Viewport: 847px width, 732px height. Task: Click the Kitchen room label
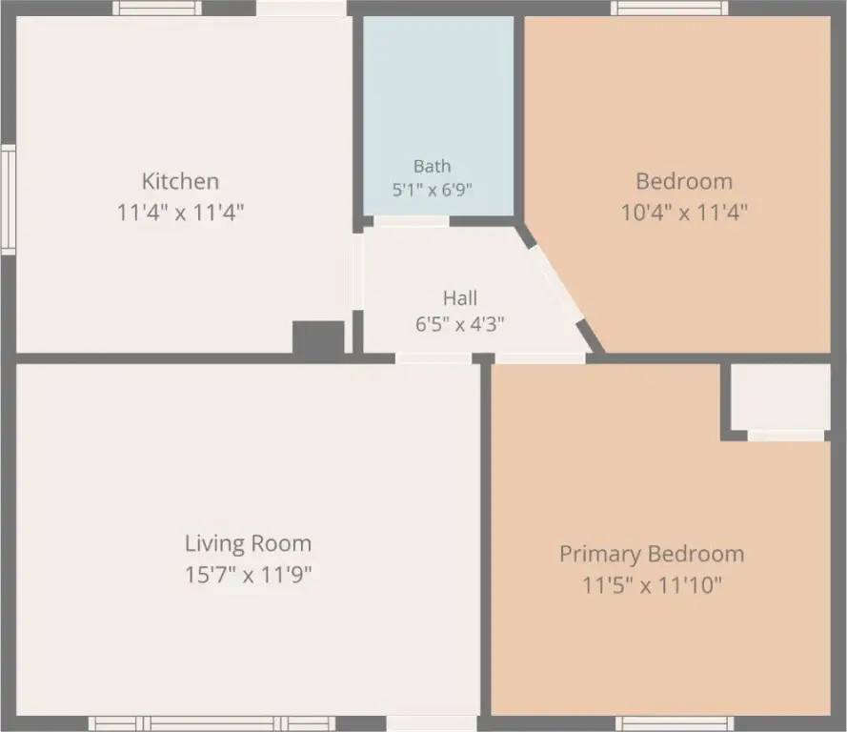click(x=180, y=181)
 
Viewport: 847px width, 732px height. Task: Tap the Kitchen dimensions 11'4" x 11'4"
click(x=180, y=212)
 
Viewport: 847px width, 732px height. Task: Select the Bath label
click(x=433, y=166)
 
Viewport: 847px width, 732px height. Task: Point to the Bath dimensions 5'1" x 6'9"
click(x=433, y=190)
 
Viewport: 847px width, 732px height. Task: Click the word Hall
click(x=459, y=297)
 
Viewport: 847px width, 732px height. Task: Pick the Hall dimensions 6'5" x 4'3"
click(x=459, y=324)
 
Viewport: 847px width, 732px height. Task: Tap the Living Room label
click(x=248, y=543)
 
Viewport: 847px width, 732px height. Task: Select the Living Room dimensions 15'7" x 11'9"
click(x=248, y=574)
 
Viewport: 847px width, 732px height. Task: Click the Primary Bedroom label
click(x=652, y=555)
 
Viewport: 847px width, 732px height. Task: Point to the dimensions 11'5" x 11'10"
click(x=652, y=584)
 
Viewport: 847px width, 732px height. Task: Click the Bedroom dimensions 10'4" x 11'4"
click(x=684, y=212)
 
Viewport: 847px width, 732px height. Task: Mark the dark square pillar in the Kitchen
click(x=318, y=337)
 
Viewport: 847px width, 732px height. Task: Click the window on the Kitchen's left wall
click(x=8, y=199)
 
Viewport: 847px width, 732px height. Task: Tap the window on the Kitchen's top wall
click(x=156, y=9)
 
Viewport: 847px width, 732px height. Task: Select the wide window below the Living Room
click(x=212, y=723)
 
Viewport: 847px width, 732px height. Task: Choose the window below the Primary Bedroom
click(x=675, y=723)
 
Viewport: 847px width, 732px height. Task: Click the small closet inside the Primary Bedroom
click(x=780, y=397)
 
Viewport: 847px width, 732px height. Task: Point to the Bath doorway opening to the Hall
click(x=411, y=221)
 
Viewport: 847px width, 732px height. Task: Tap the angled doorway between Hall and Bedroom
click(x=556, y=285)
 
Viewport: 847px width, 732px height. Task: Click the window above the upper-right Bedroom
click(x=669, y=9)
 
